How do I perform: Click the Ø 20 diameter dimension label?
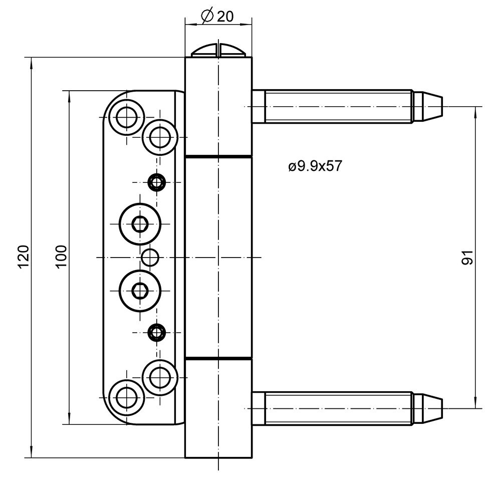(217, 16)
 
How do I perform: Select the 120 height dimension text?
(24, 257)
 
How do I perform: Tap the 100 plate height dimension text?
(61, 257)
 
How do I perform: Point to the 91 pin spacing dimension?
(467, 257)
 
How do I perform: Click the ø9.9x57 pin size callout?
(315, 166)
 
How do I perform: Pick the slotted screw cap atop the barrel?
(218, 51)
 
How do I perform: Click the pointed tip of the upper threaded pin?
(442, 106)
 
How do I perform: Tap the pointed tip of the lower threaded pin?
(442, 409)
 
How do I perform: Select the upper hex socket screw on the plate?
(140, 224)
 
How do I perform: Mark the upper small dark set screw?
(156, 183)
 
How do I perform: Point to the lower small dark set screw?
(156, 332)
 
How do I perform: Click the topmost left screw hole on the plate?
(127, 118)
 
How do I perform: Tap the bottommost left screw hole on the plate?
(127, 397)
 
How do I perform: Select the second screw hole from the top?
(160, 137)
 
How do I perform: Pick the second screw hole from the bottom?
(160, 378)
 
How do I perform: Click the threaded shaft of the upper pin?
(339, 106)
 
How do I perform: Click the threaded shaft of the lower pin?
(339, 409)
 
